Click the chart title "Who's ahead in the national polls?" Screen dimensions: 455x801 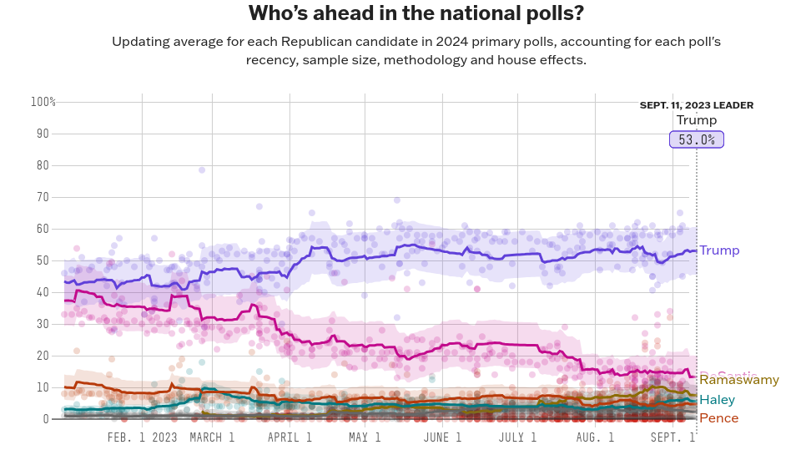point(416,14)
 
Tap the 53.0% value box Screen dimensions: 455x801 point(697,139)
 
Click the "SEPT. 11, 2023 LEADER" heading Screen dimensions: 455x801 point(697,105)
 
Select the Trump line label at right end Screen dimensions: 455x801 point(719,250)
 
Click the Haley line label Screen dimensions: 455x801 point(717,400)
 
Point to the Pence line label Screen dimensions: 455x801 point(718,418)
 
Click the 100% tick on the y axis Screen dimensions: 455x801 point(43,102)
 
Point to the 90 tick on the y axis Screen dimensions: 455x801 point(43,134)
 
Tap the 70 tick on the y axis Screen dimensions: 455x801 point(43,197)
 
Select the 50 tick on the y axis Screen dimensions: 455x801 point(43,260)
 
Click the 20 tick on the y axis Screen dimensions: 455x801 point(43,356)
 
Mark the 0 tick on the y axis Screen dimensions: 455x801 point(46,419)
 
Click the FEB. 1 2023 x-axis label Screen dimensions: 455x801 point(143,437)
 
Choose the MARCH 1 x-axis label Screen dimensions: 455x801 point(212,437)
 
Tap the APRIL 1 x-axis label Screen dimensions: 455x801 point(290,437)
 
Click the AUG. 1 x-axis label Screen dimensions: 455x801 point(595,437)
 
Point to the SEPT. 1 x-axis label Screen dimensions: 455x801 point(673,437)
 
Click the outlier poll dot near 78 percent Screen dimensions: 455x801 point(202,169)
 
